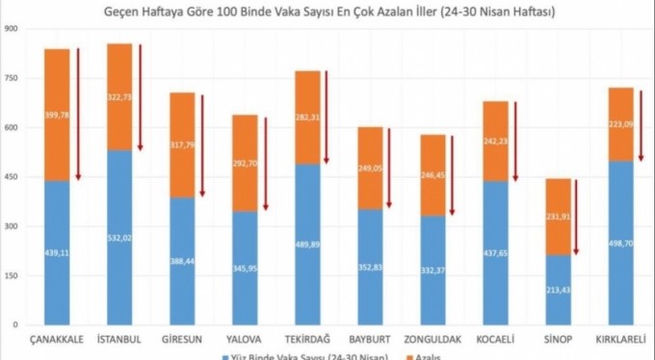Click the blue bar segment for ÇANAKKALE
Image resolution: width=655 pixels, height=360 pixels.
point(56,252)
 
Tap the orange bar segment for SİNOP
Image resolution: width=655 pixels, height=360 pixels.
point(560,217)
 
